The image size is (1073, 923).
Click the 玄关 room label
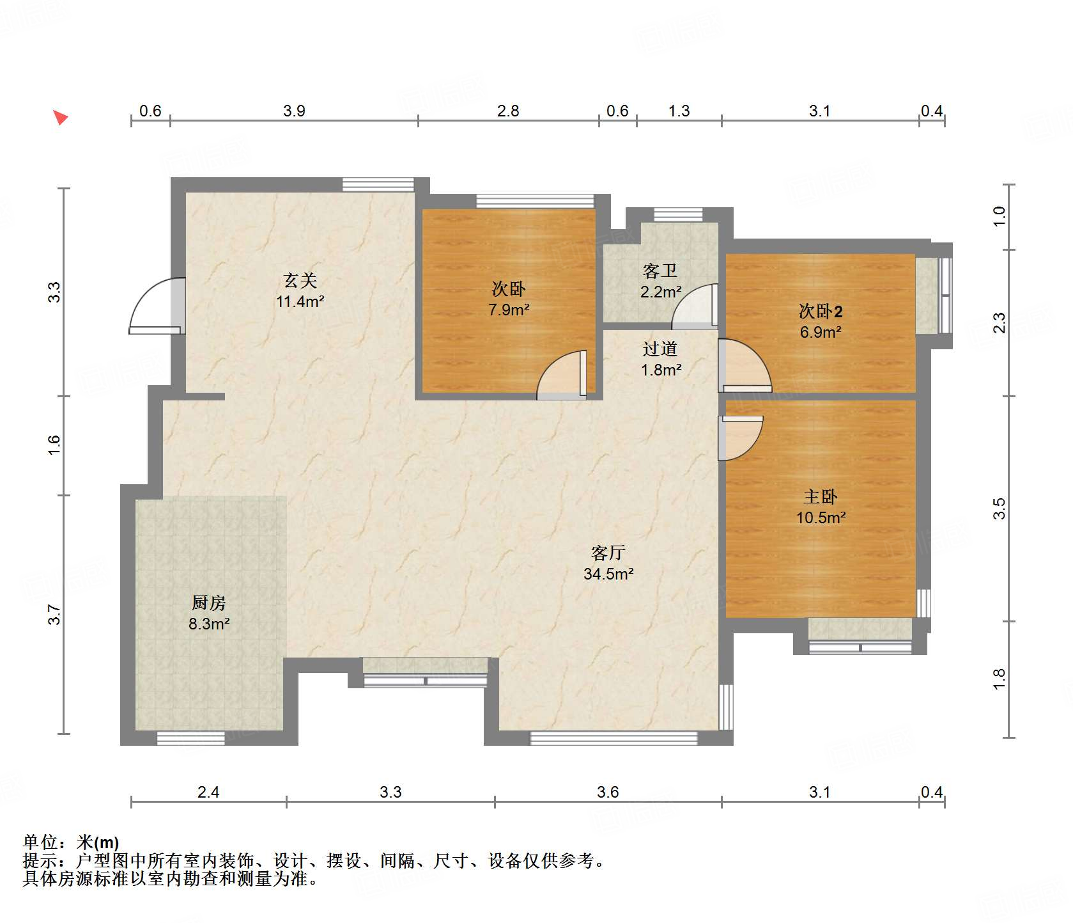click(x=300, y=280)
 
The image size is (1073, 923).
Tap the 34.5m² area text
click(x=608, y=574)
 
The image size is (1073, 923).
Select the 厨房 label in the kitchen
click(x=208, y=603)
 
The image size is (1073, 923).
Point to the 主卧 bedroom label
click(x=820, y=496)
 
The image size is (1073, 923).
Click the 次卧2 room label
click(x=820, y=312)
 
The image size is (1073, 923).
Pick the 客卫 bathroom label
click(x=660, y=271)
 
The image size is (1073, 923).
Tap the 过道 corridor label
click(x=660, y=349)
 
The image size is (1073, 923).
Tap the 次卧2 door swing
click(x=744, y=366)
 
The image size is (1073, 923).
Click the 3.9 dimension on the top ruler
click(x=294, y=111)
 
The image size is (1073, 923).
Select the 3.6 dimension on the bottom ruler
click(x=608, y=792)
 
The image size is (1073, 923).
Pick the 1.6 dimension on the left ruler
click(x=54, y=445)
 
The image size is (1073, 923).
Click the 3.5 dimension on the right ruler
click(x=1000, y=509)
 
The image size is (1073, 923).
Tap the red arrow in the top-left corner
click(x=60, y=118)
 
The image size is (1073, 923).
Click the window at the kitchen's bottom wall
click(x=190, y=738)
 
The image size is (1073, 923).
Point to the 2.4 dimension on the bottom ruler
click(x=208, y=792)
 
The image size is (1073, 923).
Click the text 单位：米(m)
click(x=70, y=842)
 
